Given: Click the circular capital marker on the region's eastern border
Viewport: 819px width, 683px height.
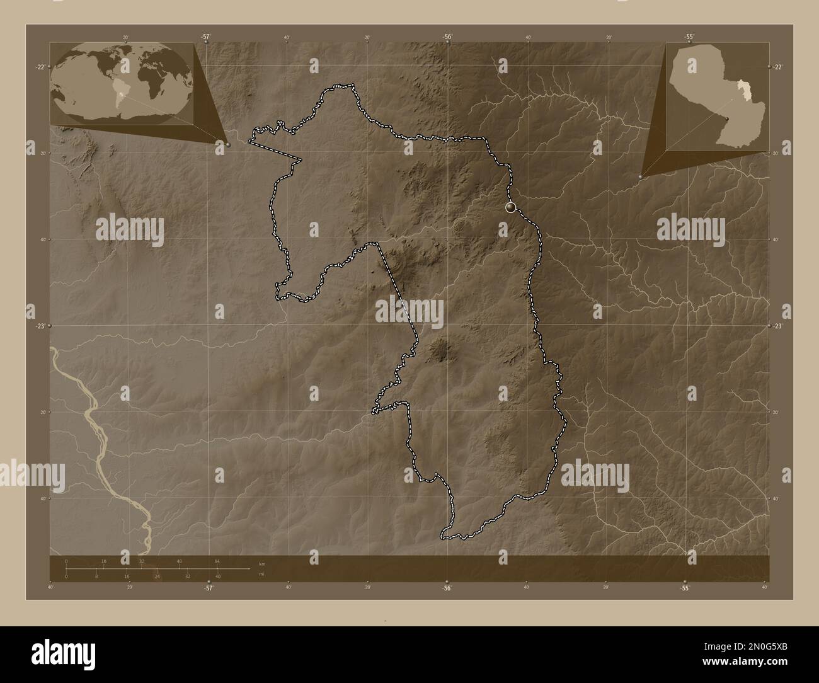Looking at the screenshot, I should point(510,207).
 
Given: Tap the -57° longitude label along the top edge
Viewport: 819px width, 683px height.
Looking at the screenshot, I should point(206,37).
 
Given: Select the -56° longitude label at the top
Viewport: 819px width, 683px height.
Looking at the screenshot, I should point(447,37).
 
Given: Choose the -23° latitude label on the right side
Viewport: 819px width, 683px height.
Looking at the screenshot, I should point(777,326).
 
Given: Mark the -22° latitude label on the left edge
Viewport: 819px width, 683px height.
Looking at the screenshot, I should point(39,67).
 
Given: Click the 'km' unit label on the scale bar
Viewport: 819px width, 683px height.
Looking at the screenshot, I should point(262,563).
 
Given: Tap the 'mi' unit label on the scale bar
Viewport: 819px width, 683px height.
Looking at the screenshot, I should point(261,575).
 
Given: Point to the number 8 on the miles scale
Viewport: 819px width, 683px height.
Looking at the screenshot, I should point(96,577).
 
